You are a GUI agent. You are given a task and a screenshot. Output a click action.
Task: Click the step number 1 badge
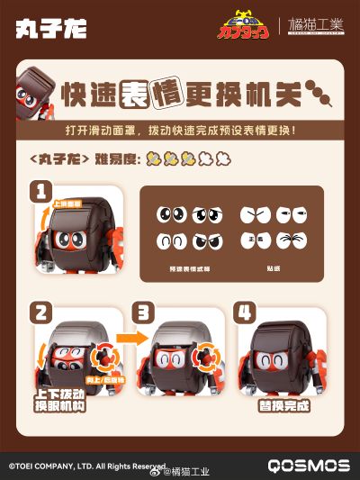40,191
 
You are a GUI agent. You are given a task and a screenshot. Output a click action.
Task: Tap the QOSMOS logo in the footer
308,466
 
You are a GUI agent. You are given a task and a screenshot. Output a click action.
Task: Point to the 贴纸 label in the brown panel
272,268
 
